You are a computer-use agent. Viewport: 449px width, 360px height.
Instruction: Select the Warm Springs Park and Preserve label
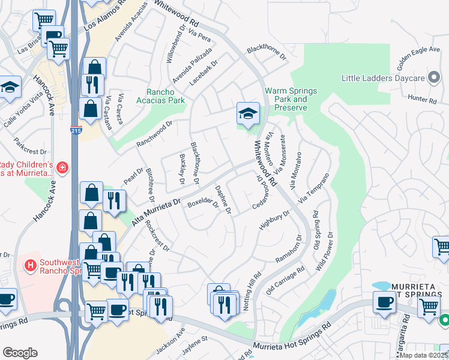coord(286,99)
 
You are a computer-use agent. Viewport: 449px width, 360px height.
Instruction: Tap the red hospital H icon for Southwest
coord(28,263)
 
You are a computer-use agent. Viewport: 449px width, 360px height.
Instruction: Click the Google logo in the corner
coord(20,352)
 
